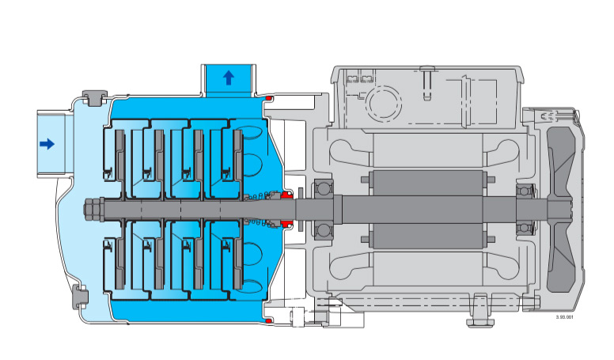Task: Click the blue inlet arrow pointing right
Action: (x=47, y=144)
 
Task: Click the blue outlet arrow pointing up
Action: (x=229, y=78)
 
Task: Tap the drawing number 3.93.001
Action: (x=564, y=317)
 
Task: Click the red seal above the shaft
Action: (x=287, y=195)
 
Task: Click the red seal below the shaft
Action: (x=287, y=224)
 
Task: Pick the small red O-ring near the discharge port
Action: (x=269, y=97)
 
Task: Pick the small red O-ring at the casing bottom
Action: (x=269, y=321)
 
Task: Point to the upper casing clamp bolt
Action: (x=94, y=98)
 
